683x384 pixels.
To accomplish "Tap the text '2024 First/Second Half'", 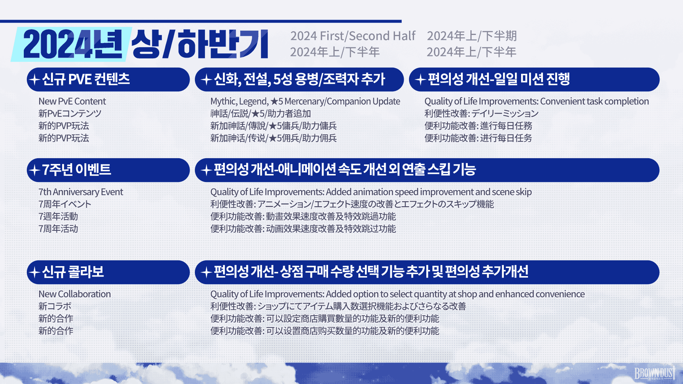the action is click(x=353, y=36).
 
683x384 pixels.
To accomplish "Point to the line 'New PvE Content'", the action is click(x=72, y=101).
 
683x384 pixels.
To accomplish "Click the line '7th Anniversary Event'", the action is click(x=81, y=192).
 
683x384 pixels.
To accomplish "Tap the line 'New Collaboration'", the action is click(x=74, y=294).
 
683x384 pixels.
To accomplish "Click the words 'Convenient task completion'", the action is click(x=594, y=101).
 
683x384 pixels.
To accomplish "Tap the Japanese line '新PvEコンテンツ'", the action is click(x=70, y=114).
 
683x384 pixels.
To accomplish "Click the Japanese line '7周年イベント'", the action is click(x=64, y=204).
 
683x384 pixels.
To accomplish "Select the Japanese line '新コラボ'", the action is click(x=55, y=306).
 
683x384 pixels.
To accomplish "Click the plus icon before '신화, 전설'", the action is click(x=206, y=80).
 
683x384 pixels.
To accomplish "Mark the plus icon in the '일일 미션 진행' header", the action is click(x=421, y=80).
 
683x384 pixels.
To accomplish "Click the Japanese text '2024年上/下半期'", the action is click(x=472, y=36).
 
